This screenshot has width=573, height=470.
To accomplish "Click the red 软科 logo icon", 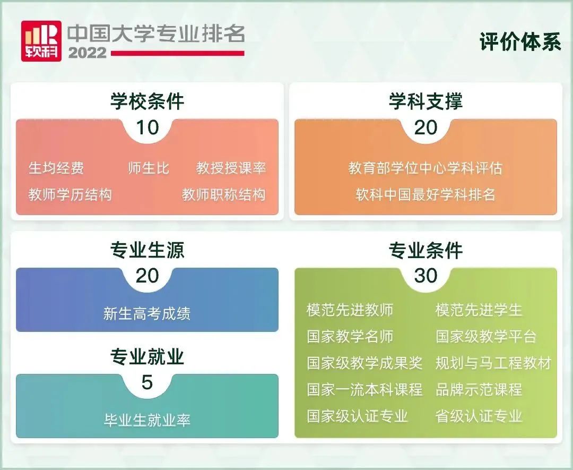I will coord(41,41).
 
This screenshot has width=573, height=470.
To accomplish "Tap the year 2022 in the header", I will coord(87,53).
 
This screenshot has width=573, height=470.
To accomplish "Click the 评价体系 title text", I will coord(520,42).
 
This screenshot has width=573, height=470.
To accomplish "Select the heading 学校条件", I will coord(147,101).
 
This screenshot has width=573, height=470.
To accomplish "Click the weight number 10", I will coord(147,127).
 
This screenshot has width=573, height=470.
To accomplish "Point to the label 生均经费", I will coord(56,168).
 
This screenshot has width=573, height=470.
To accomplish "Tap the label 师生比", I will coord(149,168).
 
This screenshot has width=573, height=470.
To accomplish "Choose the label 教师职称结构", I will coord(223,194).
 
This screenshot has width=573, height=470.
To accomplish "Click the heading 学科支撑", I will coord(426,101).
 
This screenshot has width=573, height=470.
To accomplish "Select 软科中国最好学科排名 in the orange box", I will coord(426,194).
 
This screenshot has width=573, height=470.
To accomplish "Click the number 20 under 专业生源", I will coord(147,276).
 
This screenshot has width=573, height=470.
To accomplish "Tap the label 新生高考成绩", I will coord(147,313).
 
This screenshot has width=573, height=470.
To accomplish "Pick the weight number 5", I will coord(147,382).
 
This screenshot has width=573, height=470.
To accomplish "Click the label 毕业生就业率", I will coord(147,420).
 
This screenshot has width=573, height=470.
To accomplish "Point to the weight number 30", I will coord(426,276).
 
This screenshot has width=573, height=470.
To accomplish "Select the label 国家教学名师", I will coord(350,337).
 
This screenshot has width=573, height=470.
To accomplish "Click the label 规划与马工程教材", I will coord(493,363).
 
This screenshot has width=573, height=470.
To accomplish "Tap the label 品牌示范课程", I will coord(479,389).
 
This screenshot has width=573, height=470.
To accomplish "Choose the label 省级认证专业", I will coord(479,415).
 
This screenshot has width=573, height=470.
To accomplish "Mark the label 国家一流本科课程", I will coord(364,389).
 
